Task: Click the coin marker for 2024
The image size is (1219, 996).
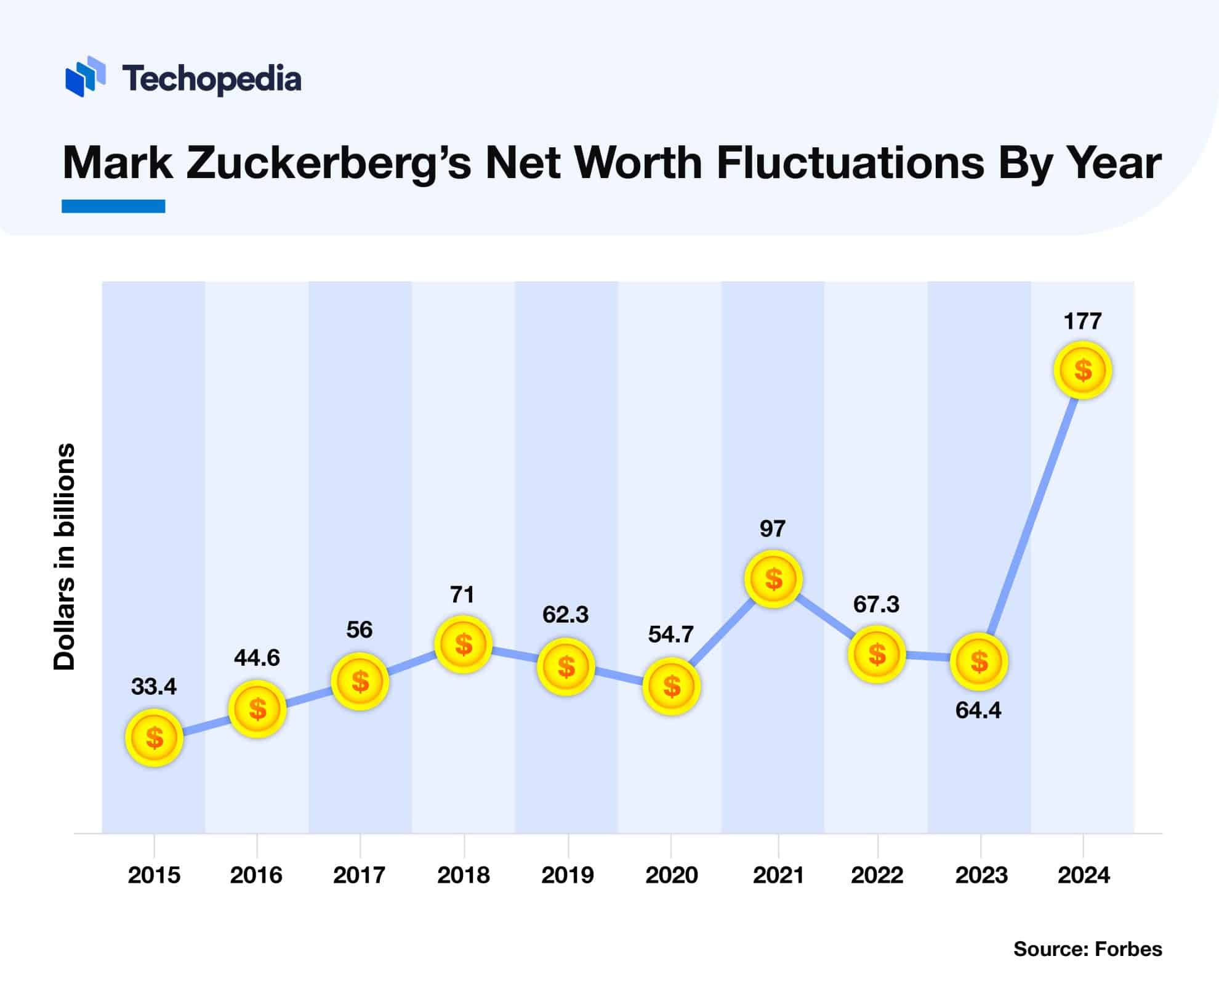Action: (1082, 370)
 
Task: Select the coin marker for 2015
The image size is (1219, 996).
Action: (154, 737)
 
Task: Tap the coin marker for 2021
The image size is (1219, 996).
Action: (773, 579)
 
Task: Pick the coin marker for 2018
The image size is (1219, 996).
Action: (463, 644)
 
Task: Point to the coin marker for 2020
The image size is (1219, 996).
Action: (671, 686)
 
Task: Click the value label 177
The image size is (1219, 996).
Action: (1082, 321)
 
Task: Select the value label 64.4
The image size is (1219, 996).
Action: (978, 710)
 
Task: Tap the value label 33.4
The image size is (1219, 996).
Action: (154, 686)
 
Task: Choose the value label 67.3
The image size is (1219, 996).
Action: (876, 604)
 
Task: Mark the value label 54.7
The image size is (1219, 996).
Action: (670, 634)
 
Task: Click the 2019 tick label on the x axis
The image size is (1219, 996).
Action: (567, 875)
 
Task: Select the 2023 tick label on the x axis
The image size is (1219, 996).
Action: (981, 875)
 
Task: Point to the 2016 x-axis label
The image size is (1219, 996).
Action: (256, 875)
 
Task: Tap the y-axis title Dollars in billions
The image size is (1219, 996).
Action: (64, 557)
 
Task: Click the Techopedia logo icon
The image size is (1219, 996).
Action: (85, 76)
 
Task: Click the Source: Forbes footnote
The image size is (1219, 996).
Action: (1087, 949)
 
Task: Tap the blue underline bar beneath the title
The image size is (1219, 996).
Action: (113, 206)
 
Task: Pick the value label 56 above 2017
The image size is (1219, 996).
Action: (360, 630)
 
